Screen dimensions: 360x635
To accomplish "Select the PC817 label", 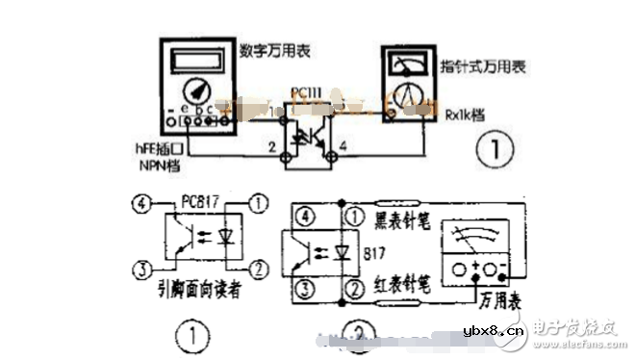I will (x=197, y=205).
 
